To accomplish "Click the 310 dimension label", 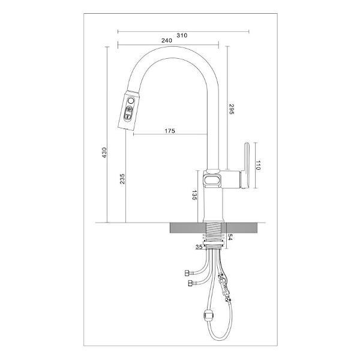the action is pos(182,35).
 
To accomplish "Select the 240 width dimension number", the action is pos(167,41).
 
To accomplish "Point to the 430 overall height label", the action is pos(104,152).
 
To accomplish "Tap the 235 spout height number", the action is pos(122,179).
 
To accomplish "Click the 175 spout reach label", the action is pos(170,131).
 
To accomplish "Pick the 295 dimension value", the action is pos(231,109).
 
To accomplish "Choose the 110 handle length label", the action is pos(258,166).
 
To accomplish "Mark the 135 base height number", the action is pos(194,195).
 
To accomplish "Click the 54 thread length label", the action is pos(230,238).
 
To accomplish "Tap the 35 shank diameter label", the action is pos(199,247).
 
